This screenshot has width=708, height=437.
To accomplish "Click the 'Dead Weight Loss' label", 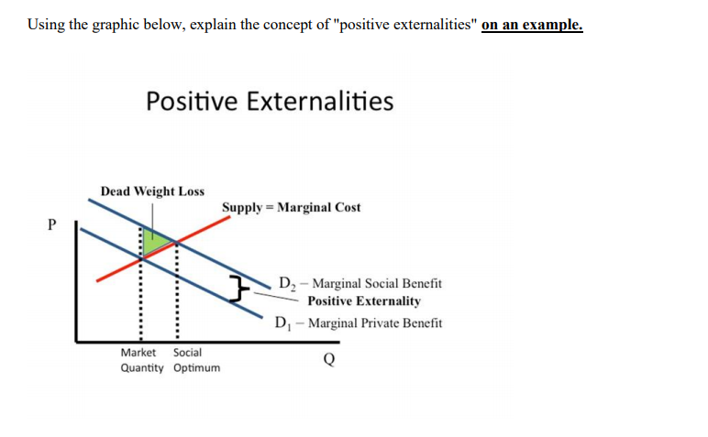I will point(152,191).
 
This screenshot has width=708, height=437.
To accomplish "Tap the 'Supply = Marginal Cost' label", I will point(291,208).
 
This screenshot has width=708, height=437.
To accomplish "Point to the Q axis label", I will point(328,359).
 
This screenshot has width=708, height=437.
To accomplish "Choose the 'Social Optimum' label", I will point(195,360).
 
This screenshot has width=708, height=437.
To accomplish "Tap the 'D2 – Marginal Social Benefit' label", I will point(360,285).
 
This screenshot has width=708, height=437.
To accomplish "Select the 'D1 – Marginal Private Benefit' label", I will point(359,323).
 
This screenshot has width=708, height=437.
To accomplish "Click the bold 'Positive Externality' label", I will point(364,301).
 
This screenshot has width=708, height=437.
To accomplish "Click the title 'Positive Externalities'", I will point(270,101).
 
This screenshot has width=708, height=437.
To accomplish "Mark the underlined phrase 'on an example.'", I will point(532,25).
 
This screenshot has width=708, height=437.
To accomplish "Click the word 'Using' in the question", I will point(45,24).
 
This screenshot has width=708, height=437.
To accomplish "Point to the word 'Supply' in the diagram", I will point(240,208).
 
